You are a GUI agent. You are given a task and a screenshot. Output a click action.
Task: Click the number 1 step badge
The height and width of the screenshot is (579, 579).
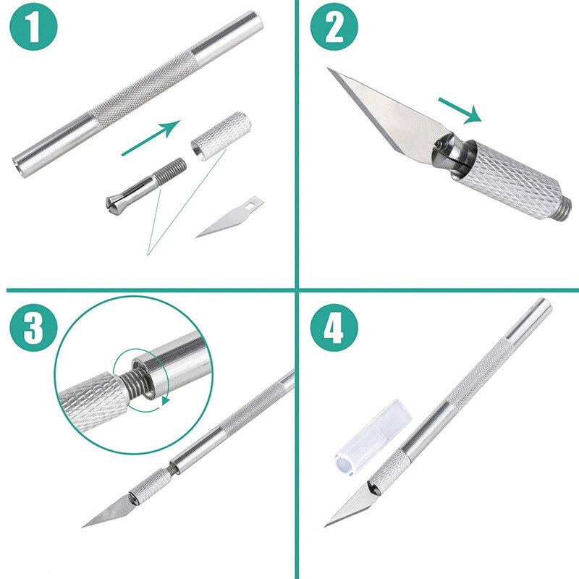tap(33, 32)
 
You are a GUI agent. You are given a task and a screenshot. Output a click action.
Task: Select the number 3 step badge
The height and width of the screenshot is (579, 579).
tap(33, 329)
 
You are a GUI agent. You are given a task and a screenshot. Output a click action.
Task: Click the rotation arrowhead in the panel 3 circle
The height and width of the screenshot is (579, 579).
tap(166, 399)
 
